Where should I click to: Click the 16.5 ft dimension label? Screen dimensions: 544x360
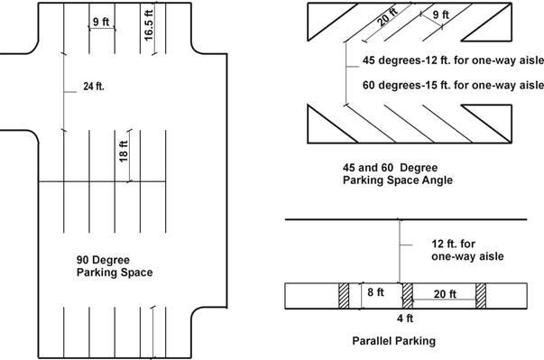pyautogui.click(x=149, y=25)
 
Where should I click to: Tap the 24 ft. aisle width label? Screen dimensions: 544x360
pyautogui.click(x=94, y=87)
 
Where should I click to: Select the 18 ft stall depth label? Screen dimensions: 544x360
pyautogui.click(x=124, y=152)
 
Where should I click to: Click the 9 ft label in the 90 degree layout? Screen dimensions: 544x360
pyautogui.click(x=101, y=22)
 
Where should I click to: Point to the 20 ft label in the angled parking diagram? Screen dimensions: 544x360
pyautogui.click(x=387, y=17)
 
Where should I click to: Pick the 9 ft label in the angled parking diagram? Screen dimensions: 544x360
pyautogui.click(x=441, y=15)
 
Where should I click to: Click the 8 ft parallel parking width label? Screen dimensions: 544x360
pyautogui.click(x=375, y=292)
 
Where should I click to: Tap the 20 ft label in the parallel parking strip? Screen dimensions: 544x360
pyautogui.click(x=445, y=294)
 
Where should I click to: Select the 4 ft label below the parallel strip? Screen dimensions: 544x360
pyautogui.click(x=405, y=318)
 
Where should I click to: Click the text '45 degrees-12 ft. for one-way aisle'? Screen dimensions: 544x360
pyautogui.click(x=453, y=60)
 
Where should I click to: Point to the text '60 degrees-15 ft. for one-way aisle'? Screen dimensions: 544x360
pyautogui.click(x=453, y=85)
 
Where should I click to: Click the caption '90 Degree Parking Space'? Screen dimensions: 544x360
pyautogui.click(x=115, y=266)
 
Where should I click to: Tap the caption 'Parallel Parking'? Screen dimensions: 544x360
pyautogui.click(x=393, y=341)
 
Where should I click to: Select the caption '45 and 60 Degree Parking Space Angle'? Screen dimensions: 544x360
pyautogui.click(x=398, y=174)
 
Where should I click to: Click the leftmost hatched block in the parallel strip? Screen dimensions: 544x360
pyautogui.click(x=344, y=296)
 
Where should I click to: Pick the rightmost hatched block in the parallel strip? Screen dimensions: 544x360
pyautogui.click(x=481, y=296)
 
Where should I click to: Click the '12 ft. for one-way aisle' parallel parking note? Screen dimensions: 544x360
pyautogui.click(x=467, y=250)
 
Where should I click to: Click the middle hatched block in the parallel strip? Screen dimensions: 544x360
pyautogui.click(x=408, y=296)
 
